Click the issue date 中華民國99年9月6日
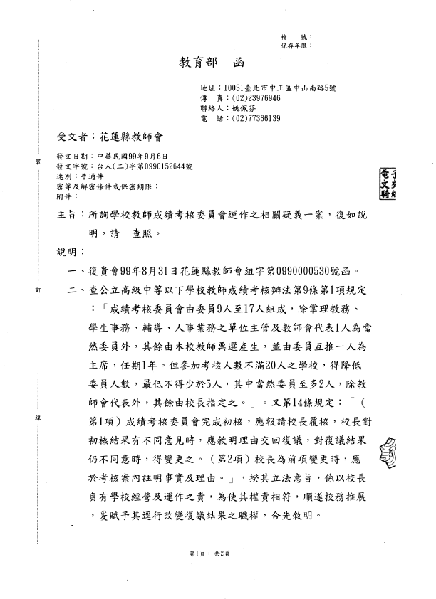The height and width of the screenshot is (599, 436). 128,156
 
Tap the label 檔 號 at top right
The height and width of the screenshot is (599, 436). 296,36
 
